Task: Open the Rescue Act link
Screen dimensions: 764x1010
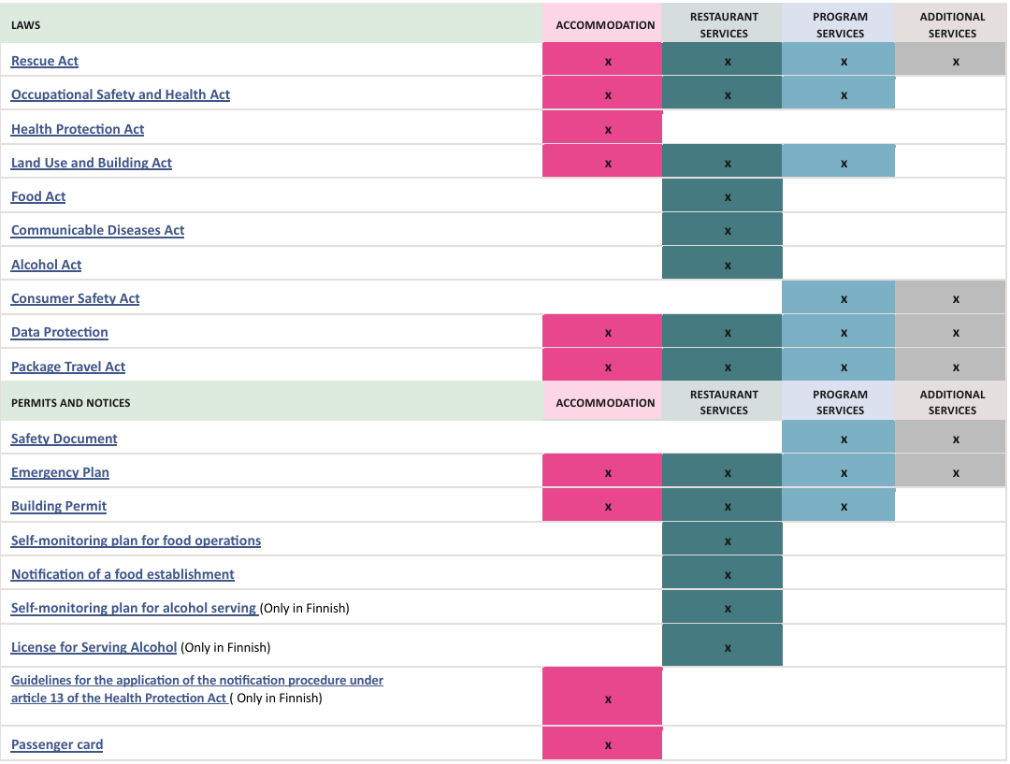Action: tap(45, 61)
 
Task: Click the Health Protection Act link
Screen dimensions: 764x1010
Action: tap(78, 129)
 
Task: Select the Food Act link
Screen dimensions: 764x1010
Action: tap(38, 196)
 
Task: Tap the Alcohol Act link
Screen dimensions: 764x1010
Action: tap(46, 265)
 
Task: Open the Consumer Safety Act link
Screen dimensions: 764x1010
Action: tap(75, 298)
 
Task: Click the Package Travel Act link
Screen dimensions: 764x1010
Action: tap(68, 367)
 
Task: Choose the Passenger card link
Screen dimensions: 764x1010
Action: tap(57, 744)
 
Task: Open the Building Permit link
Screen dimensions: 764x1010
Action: tap(59, 506)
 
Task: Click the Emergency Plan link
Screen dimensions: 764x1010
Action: tap(60, 472)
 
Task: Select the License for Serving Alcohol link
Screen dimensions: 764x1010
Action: tap(94, 647)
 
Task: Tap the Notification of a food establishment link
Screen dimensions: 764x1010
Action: tap(123, 574)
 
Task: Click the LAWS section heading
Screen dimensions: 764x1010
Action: tap(26, 25)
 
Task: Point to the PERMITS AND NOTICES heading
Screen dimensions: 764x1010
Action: tap(71, 403)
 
